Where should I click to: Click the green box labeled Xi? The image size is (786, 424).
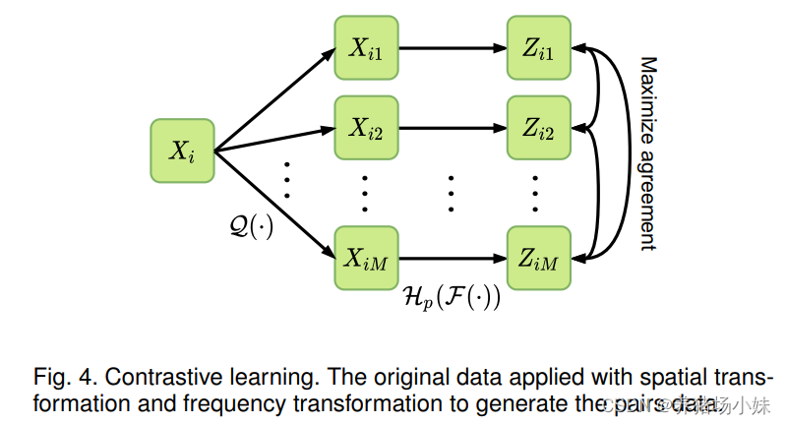click(183, 151)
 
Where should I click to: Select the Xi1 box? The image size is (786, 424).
click(365, 46)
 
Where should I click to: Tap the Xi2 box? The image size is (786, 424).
click(365, 127)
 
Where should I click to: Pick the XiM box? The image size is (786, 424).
click(365, 259)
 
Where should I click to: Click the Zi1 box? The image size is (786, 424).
click(538, 46)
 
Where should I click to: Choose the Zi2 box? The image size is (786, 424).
click(538, 127)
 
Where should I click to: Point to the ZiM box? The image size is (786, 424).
click(538, 259)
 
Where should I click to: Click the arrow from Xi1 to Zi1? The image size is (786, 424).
click(452, 46)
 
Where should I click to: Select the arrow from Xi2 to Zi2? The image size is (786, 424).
click(452, 127)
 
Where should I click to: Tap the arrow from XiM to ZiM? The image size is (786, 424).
click(452, 259)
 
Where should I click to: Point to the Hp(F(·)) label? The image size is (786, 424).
click(452, 296)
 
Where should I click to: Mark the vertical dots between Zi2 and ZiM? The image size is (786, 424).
click(538, 192)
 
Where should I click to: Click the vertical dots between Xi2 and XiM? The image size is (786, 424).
click(365, 192)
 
